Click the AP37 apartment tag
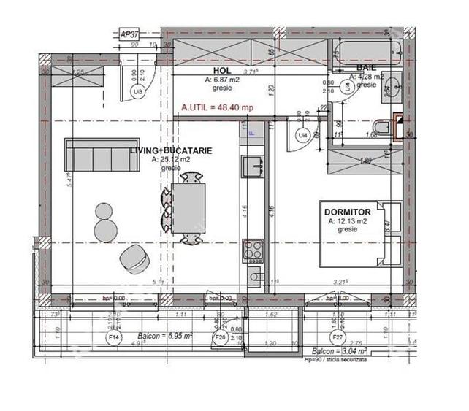[129, 34]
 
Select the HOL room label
[222, 71]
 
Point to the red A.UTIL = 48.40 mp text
[217, 107]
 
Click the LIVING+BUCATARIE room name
[171, 150]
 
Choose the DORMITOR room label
[347, 212]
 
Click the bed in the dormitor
[361, 234]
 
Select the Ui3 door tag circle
[137, 91]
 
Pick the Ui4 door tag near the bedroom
[302, 135]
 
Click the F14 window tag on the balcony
[114, 338]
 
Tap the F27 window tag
[338, 338]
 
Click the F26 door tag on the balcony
[219, 338]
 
